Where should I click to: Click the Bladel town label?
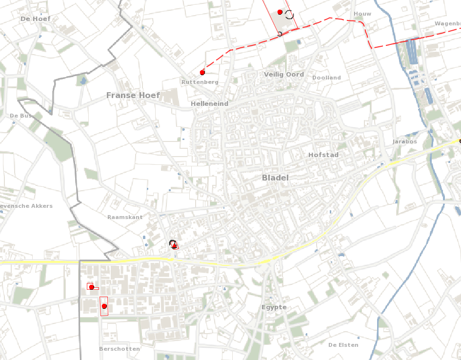275,178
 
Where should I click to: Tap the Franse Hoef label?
133,95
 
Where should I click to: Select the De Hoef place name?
35,19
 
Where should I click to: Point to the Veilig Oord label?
283,75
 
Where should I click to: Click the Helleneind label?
209,104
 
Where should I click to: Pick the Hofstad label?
323,155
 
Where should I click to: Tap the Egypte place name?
274,307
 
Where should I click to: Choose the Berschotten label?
119,349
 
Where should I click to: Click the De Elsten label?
343,345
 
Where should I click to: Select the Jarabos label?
404,142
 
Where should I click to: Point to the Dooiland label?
326,78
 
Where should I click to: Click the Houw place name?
362,14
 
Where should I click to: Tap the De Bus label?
20,116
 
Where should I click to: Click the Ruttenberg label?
200,82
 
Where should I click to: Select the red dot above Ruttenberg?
202,73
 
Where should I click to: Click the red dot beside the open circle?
280,12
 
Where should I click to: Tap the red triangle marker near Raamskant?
174,246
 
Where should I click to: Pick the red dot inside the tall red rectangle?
104,306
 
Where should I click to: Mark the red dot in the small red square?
91,287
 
